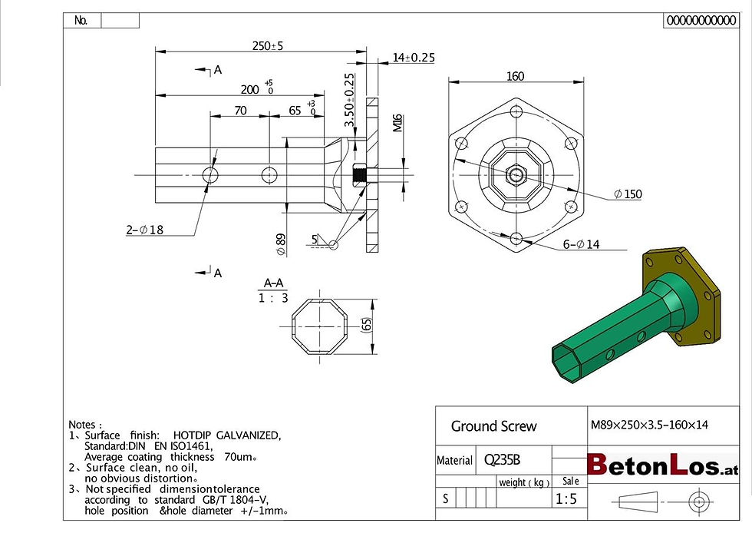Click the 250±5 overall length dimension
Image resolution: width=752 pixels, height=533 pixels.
pos(268,46)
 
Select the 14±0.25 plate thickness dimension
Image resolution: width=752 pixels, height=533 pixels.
pos(414,58)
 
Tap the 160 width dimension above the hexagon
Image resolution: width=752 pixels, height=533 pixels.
pos(515,76)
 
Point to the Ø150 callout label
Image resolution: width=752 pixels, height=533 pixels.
pos(628,194)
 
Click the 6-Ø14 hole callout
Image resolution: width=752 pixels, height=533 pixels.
pos(582,244)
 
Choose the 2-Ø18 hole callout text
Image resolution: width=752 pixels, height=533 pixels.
pos(145,230)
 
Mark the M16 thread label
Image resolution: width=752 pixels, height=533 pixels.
pos(397,123)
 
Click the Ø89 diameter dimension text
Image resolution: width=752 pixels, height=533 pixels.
pos(281,244)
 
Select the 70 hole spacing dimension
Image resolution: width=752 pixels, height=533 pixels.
pos(241,111)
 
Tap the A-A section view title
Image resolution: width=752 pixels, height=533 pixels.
pos(273,283)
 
